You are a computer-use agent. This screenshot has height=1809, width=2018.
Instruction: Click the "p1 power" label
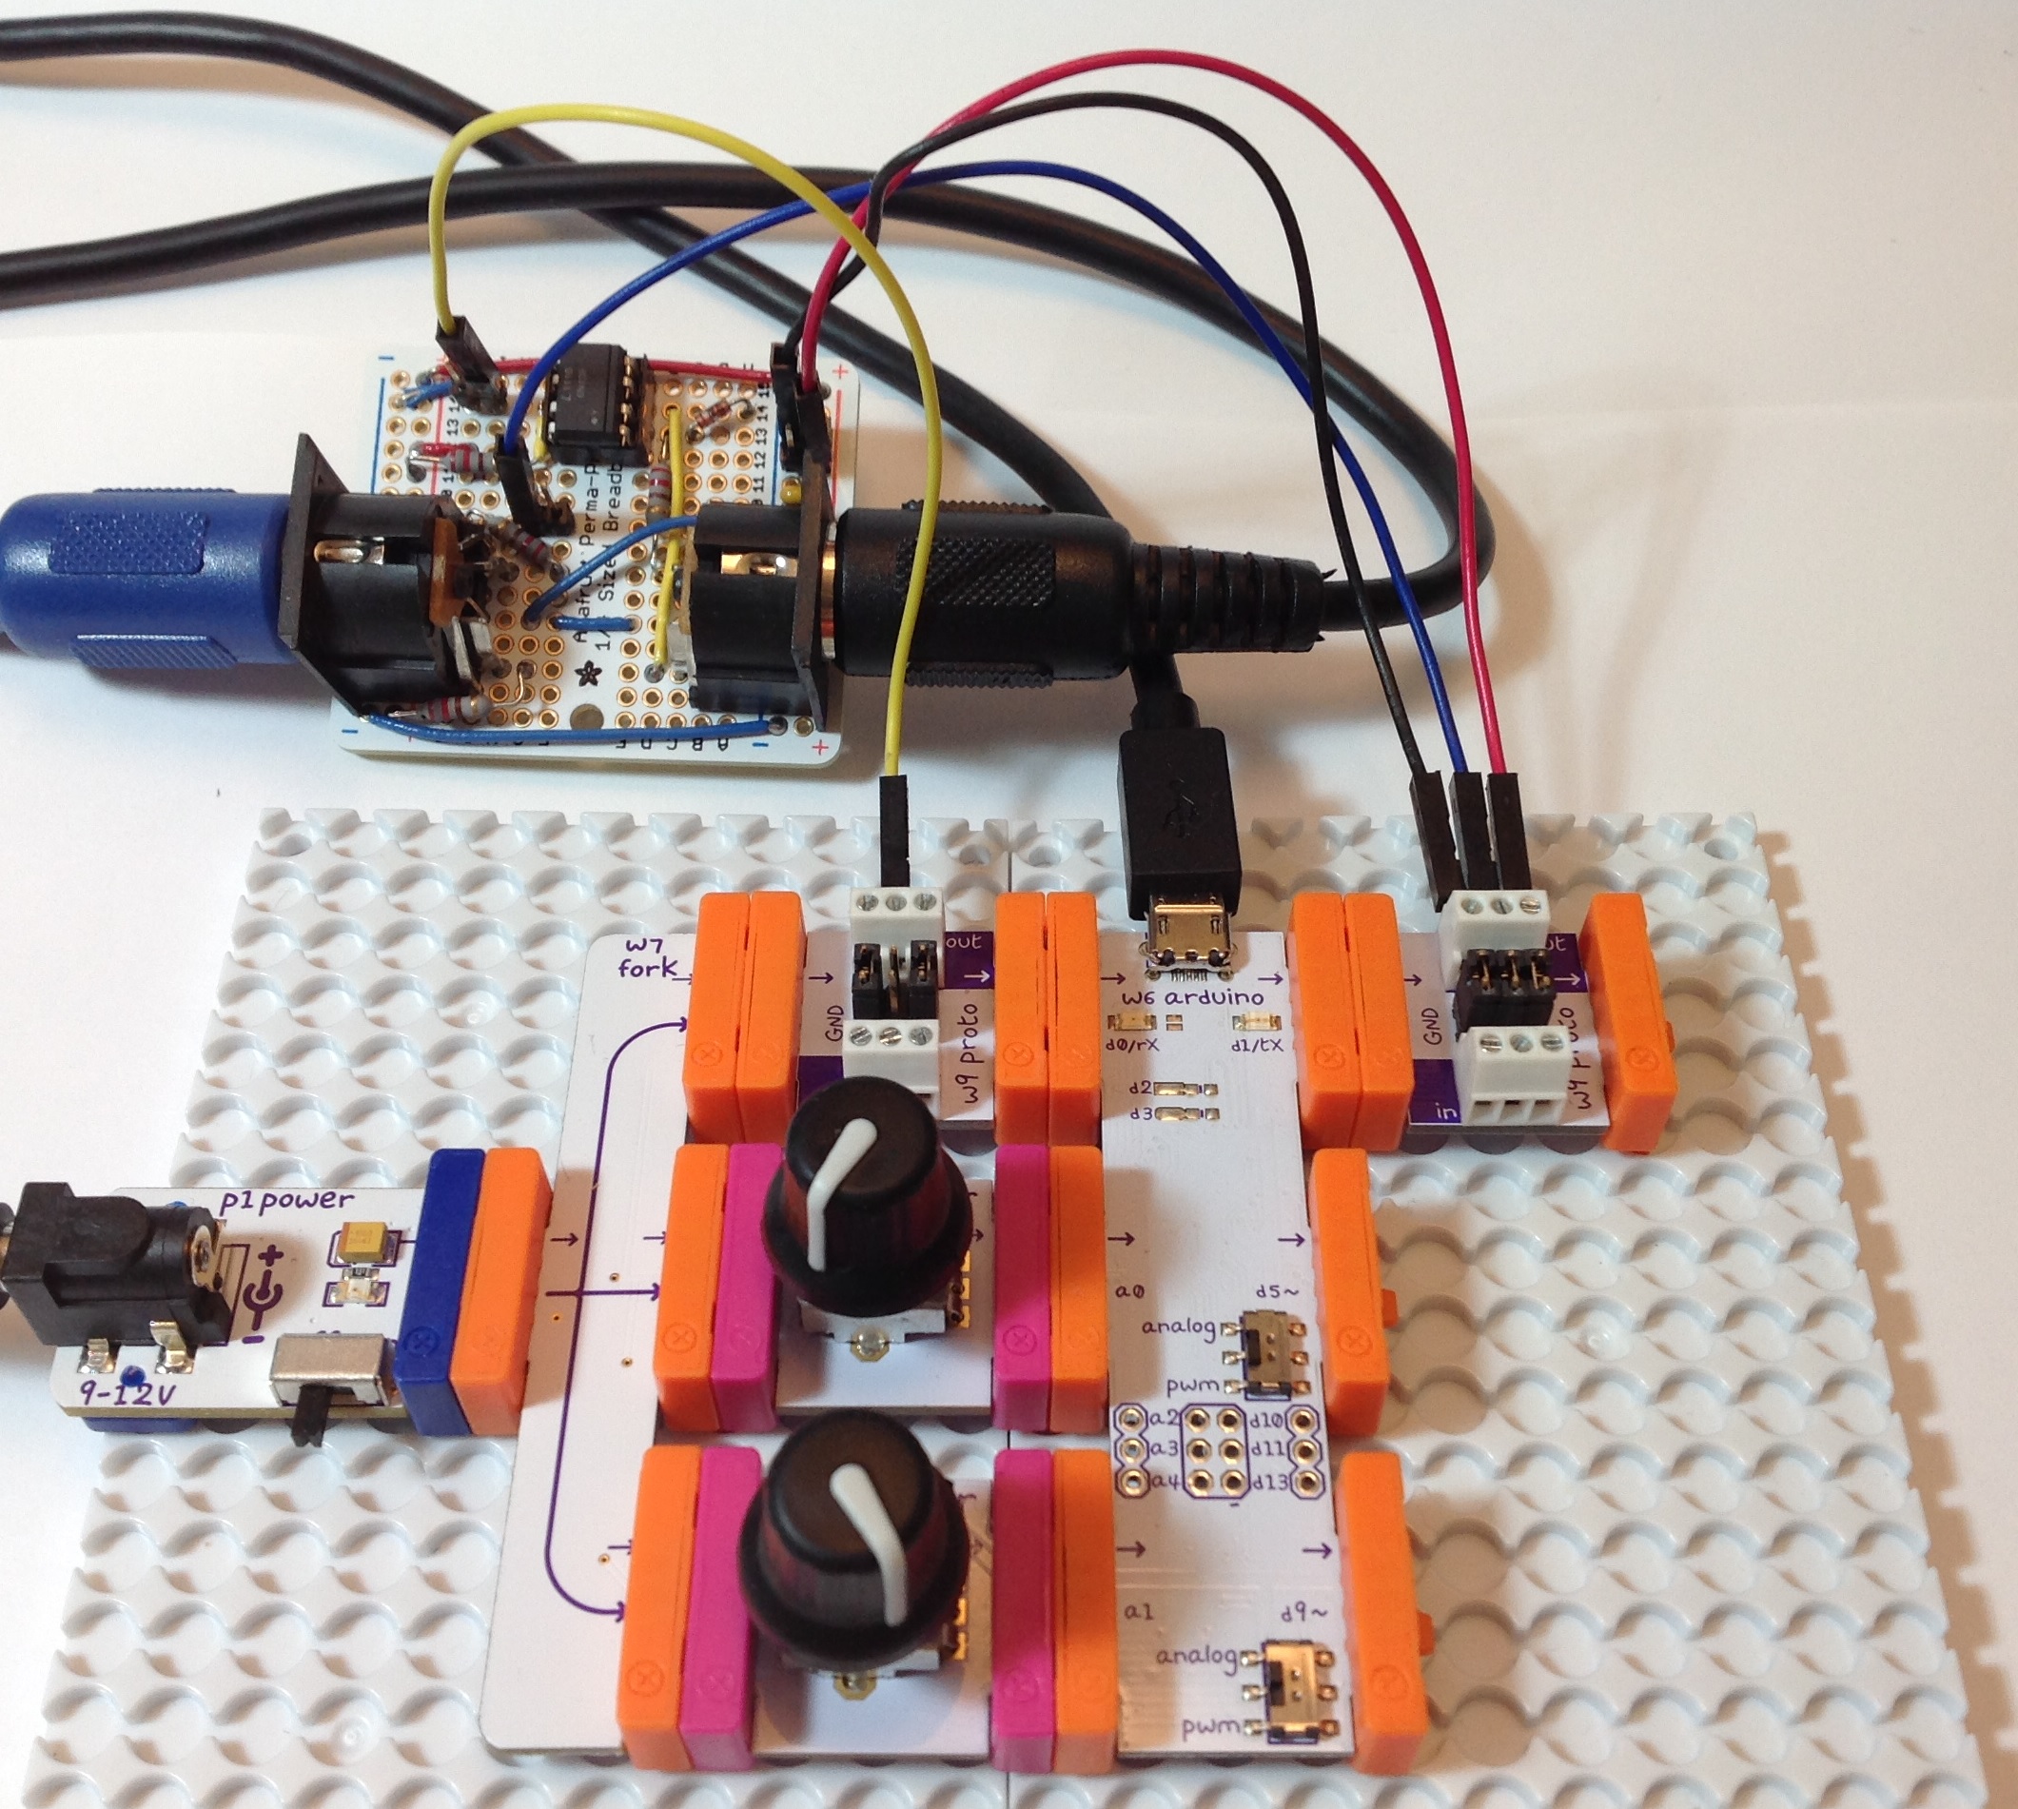coord(289,1200)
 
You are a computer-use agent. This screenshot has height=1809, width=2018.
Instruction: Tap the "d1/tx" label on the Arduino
coord(1255,1045)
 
